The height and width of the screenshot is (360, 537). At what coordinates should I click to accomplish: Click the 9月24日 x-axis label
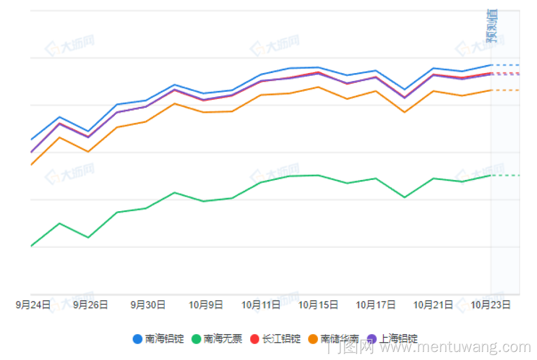pos(33,305)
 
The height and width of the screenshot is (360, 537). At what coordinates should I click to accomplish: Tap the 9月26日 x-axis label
pos(90,305)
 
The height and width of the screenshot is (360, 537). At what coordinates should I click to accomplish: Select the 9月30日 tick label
pos(148,305)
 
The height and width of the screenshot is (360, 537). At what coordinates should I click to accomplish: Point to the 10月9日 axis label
pos(205,305)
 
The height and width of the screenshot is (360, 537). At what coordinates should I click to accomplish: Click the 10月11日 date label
pos(260,305)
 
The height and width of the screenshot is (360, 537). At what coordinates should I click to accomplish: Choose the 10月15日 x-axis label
pos(318,305)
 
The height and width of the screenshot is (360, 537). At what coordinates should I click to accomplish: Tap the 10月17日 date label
pos(376,305)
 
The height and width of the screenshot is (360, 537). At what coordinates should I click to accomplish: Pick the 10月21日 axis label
pos(433,305)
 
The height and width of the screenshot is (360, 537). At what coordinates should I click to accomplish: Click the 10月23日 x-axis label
pos(490,305)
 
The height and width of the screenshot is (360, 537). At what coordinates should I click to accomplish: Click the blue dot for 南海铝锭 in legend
pos(137,339)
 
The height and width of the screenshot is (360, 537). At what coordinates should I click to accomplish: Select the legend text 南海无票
pos(223,339)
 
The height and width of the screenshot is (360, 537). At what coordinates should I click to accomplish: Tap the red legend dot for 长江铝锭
pos(255,339)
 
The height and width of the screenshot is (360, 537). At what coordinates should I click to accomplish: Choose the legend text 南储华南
pos(340,339)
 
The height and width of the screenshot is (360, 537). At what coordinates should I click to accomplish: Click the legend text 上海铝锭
pos(398,339)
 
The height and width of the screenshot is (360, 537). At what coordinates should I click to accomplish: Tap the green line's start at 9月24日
pos(31,246)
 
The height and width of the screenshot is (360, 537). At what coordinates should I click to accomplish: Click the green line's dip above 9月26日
pos(88,237)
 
